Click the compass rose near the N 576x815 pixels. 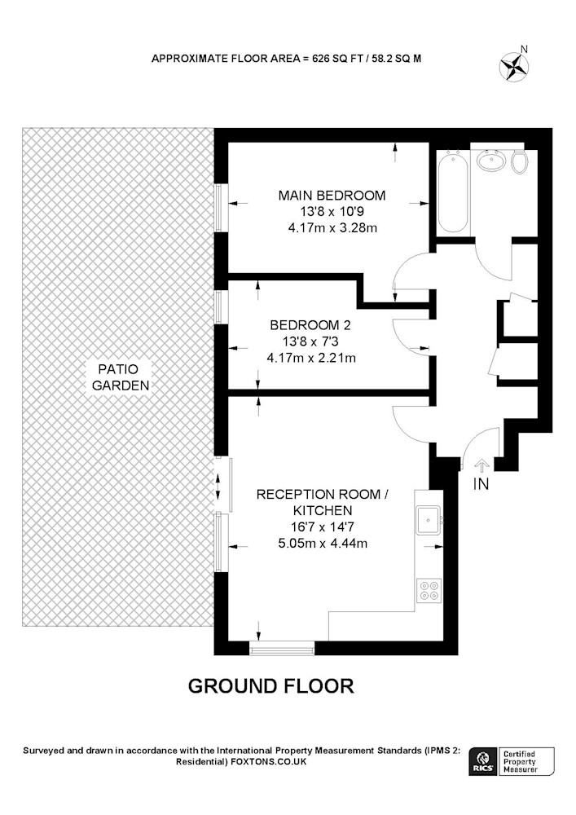pyautogui.click(x=513, y=67)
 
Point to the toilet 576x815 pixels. pyautogui.click(x=519, y=161)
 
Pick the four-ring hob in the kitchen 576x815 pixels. pyautogui.click(x=429, y=590)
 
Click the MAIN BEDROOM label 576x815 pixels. pyautogui.click(x=332, y=196)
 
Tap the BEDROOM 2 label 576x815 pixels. pyautogui.click(x=310, y=325)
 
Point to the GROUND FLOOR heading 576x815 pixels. pyautogui.click(x=270, y=686)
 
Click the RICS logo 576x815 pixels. pyautogui.click(x=482, y=761)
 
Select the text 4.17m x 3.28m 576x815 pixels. pyautogui.click(x=332, y=227)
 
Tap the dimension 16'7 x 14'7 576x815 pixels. pyautogui.click(x=322, y=527)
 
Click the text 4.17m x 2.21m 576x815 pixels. pyautogui.click(x=311, y=358)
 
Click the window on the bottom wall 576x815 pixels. pyautogui.click(x=282, y=648)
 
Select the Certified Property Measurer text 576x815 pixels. pyautogui.click(x=520, y=761)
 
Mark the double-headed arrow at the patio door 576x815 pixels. pyautogui.click(x=218, y=487)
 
